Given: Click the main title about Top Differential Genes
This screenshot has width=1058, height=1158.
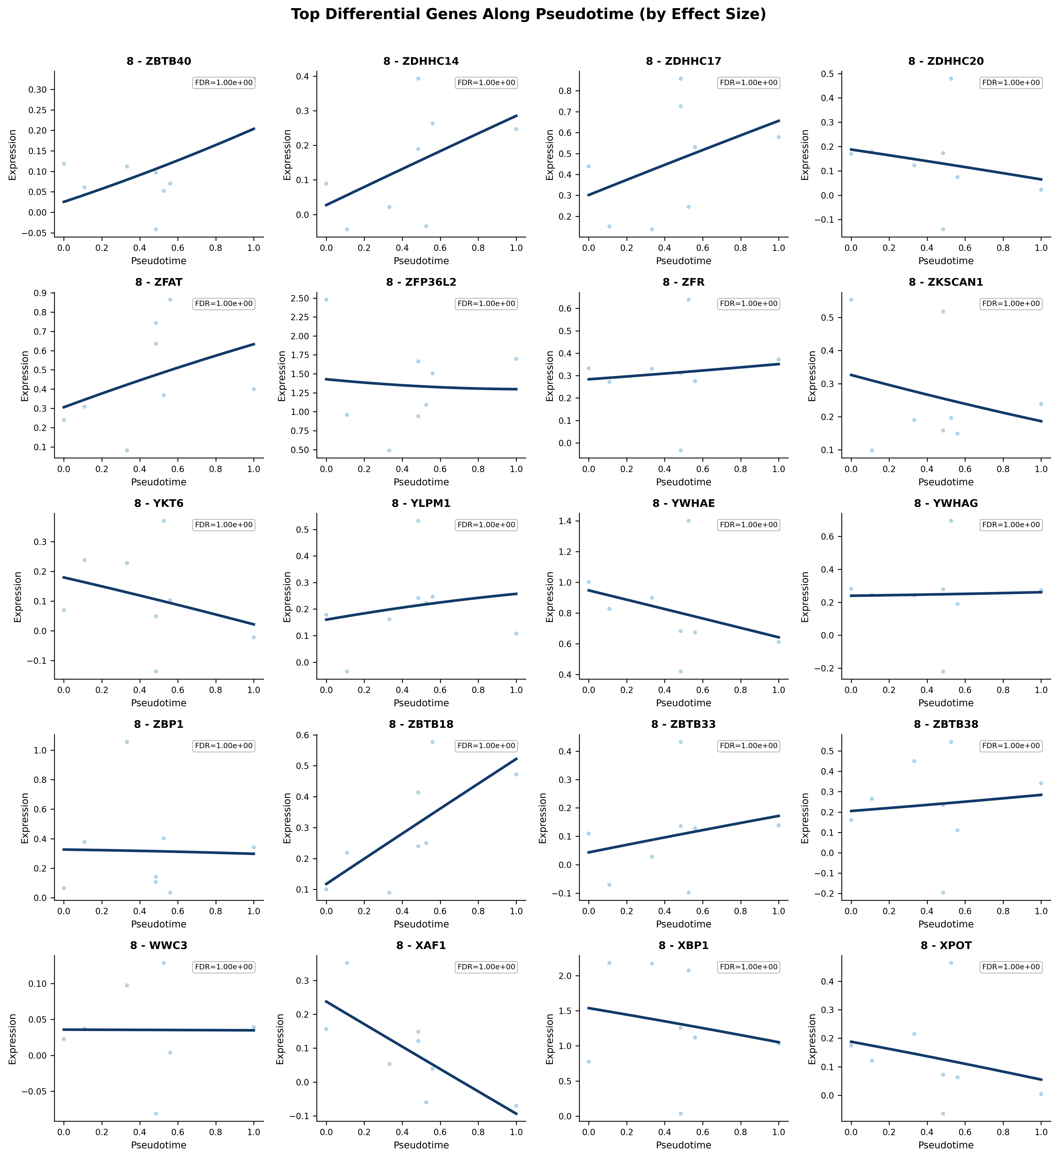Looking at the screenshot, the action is click(x=528, y=14).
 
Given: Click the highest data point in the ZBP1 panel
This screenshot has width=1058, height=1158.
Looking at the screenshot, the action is click(x=127, y=742).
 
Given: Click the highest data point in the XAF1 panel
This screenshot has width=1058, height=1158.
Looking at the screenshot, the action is click(x=347, y=963).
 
